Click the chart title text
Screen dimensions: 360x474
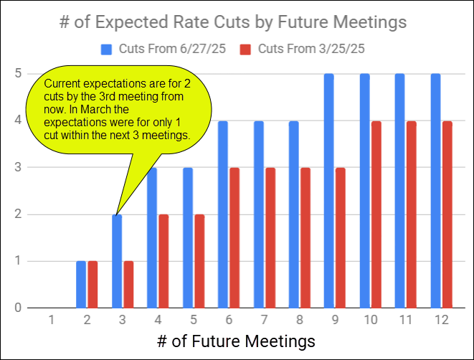tap(233, 22)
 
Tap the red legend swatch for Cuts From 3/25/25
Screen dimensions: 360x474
tap(245, 49)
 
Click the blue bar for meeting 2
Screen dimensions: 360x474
tap(81, 284)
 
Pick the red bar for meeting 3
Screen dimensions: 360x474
tap(128, 284)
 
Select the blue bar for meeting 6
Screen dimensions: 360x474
tap(223, 214)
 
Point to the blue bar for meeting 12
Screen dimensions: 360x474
tap(435, 191)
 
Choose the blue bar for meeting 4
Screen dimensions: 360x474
tap(152, 237)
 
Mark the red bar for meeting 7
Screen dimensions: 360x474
tap(270, 237)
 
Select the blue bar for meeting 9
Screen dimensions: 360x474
tap(329, 191)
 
